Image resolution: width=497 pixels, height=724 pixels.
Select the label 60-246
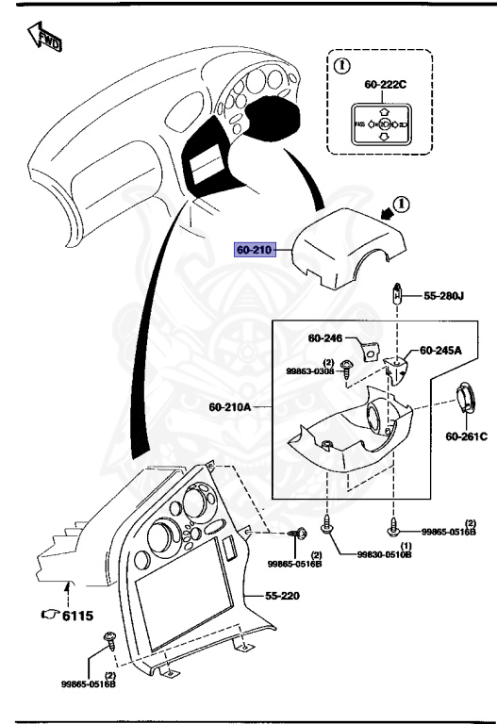pos(325,338)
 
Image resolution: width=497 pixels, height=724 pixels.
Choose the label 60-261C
pos(466,436)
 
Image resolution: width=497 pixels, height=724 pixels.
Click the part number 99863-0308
pos(310,371)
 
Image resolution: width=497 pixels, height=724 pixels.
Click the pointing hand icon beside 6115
pos(49,615)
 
